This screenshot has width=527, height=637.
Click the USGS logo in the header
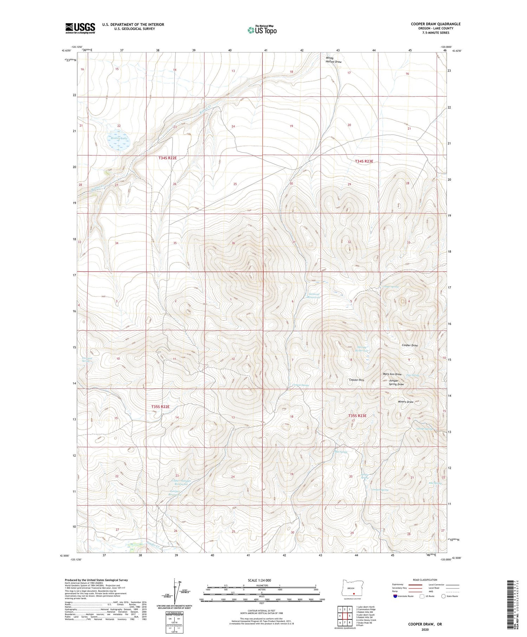[x=80, y=28]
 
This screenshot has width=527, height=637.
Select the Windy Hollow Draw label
[x=333, y=60]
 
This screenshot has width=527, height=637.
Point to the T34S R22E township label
[x=167, y=158]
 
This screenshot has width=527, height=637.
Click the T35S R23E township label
[x=357, y=416]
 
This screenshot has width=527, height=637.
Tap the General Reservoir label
[x=314, y=295]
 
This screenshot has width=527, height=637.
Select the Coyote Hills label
[x=356, y=380]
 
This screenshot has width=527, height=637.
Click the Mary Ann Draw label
[x=392, y=374]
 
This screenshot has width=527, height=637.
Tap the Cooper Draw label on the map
[x=410, y=345]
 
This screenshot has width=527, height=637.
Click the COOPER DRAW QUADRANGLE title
[x=435, y=24]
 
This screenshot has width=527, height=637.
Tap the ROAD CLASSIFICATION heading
[x=425, y=580]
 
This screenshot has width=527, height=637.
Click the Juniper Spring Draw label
[x=396, y=382]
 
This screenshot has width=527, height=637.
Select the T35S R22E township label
[x=161, y=407]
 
